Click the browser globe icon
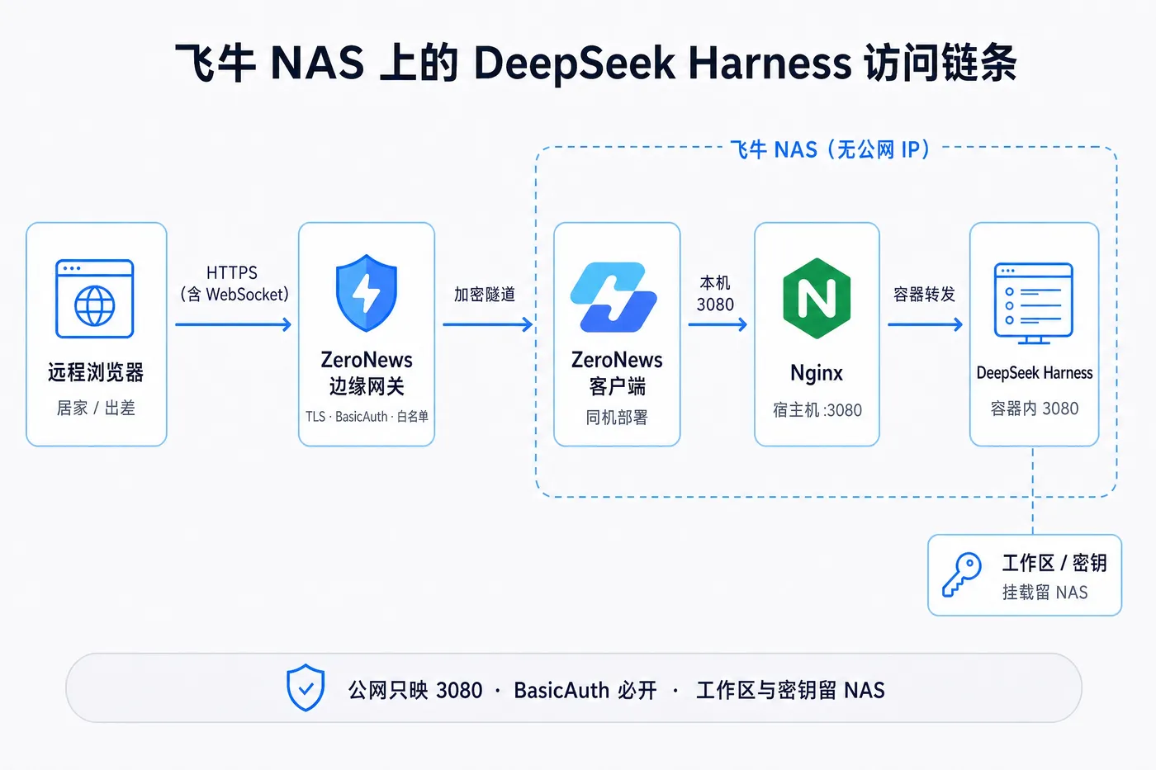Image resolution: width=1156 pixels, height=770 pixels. [x=94, y=299]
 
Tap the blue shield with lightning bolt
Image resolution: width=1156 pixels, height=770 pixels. [x=367, y=292]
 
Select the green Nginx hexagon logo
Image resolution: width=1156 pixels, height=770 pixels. [x=817, y=298]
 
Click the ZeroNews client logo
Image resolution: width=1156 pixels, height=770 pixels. [x=614, y=297]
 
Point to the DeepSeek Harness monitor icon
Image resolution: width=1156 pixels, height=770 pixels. [x=1034, y=303]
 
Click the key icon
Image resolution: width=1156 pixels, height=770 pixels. [x=961, y=575]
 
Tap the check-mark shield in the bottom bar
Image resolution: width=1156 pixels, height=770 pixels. [x=306, y=687]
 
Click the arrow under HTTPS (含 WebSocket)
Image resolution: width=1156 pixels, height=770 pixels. [x=233, y=324]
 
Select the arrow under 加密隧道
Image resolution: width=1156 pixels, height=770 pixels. [x=488, y=324]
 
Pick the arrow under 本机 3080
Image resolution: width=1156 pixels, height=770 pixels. [x=718, y=324]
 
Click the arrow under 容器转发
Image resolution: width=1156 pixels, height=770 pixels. [x=926, y=324]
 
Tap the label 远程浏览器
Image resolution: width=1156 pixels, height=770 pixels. [x=96, y=372]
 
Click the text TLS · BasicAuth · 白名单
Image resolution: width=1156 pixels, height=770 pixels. [x=367, y=416]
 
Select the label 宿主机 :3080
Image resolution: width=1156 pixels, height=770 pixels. [x=817, y=410]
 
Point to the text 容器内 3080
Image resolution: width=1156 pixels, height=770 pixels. [x=1034, y=409]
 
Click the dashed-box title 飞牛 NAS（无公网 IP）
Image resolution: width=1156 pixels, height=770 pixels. [x=831, y=149]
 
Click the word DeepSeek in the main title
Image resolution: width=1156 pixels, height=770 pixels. [x=575, y=64]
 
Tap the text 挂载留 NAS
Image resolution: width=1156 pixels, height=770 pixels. [x=1045, y=592]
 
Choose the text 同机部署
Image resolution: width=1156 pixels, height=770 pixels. [x=617, y=418]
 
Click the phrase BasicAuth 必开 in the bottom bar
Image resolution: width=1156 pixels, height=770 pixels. [x=585, y=690]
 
